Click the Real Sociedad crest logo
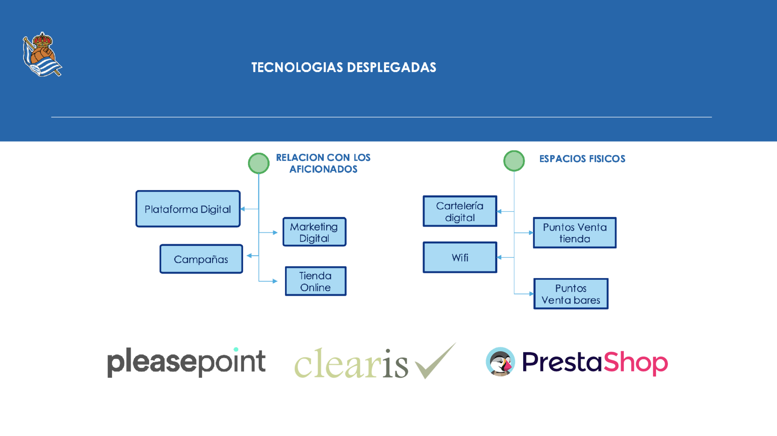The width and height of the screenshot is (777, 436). point(42,54)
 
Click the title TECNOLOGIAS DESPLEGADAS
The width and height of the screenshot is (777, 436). point(344,67)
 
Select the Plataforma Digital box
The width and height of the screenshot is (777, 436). point(188,209)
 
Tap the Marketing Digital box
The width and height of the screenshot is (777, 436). point(314,232)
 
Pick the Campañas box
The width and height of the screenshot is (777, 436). point(201,259)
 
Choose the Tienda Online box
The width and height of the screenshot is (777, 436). point(315,281)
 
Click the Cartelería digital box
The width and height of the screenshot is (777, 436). point(460,211)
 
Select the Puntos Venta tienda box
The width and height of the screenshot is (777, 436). point(575,233)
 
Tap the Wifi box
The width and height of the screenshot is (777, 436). point(460,257)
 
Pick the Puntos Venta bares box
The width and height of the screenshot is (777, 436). point(571,294)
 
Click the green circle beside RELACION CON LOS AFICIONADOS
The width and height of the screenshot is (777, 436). point(259,163)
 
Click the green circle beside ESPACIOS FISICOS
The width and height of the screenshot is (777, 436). point(514,161)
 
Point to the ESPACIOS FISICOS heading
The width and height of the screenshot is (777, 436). point(582,159)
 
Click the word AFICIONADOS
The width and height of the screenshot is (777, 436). point(323,169)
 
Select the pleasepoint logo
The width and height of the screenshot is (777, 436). point(186,362)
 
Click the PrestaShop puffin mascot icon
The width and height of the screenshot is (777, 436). point(500,362)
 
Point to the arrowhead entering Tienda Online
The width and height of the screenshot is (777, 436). point(275,281)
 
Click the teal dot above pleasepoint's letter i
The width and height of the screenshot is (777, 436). point(236,349)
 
